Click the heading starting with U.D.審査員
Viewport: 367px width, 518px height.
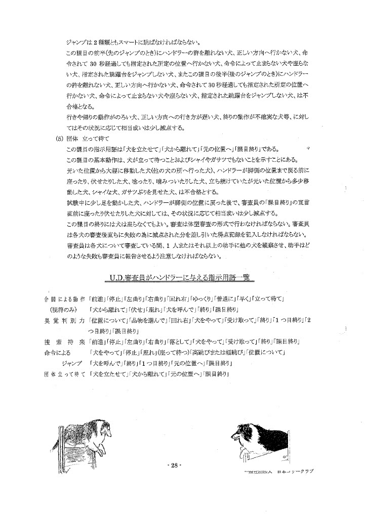point(182,278)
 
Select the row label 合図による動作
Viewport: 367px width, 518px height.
point(64,299)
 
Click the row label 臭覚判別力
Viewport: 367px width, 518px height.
point(64,321)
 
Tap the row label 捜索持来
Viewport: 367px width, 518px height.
point(64,342)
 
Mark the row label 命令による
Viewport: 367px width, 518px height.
point(58,353)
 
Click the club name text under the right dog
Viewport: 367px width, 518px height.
point(278,471)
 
